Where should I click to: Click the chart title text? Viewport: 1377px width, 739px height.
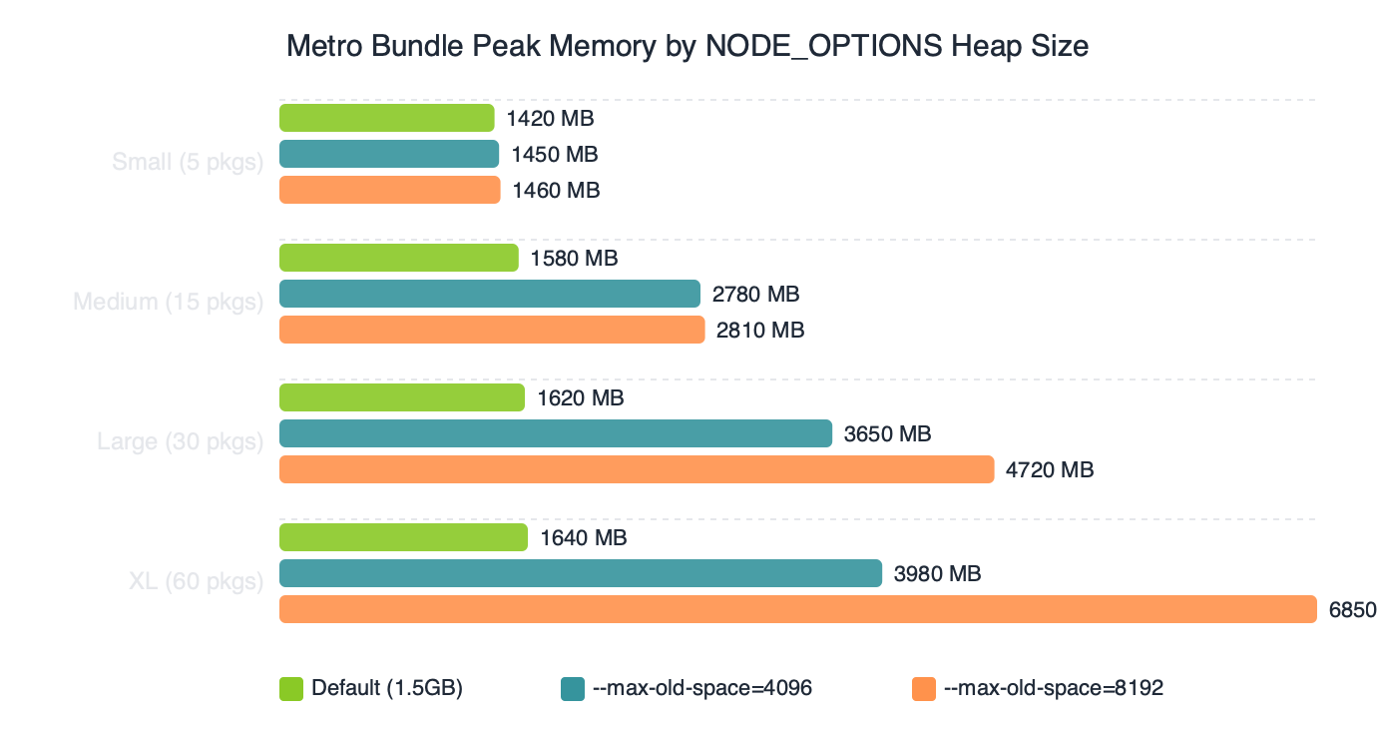pos(687,46)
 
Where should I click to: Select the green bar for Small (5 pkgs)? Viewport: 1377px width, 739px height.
pos(386,118)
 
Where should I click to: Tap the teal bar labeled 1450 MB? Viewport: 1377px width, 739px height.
pos(389,154)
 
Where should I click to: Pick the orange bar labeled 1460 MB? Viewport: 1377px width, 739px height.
pos(389,190)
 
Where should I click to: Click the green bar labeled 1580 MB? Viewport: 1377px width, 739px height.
pos(398,258)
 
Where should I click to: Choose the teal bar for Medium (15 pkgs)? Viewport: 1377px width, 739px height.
pos(489,294)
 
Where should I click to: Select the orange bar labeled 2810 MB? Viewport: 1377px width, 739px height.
pos(492,330)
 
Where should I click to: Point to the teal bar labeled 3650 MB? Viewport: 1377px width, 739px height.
pos(555,433)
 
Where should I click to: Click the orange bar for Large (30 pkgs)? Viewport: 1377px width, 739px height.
pos(637,469)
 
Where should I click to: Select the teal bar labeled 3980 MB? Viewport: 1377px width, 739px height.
pos(580,573)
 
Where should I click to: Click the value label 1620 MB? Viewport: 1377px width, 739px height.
pos(580,398)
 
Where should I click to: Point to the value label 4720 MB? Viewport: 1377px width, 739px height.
pos(1050,469)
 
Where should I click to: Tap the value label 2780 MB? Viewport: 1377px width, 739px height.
pos(755,295)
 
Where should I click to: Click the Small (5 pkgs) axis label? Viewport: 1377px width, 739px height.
pos(188,162)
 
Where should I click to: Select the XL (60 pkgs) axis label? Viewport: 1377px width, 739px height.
pos(196,581)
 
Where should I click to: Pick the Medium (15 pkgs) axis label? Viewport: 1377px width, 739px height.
pos(168,302)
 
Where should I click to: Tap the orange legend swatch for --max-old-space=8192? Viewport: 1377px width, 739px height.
pos(924,688)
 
